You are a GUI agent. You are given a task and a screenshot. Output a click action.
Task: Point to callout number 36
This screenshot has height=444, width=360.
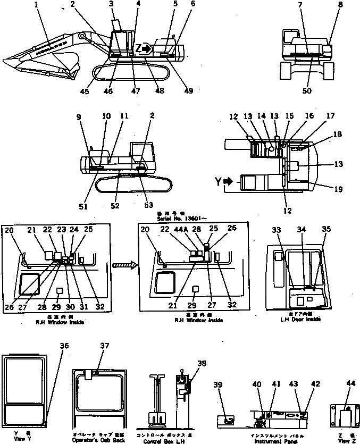coord(64,346)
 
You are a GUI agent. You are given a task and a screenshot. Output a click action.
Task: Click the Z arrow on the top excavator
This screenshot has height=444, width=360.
coord(145,49)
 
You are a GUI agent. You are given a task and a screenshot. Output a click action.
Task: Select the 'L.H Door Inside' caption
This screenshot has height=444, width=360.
coord(300,320)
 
